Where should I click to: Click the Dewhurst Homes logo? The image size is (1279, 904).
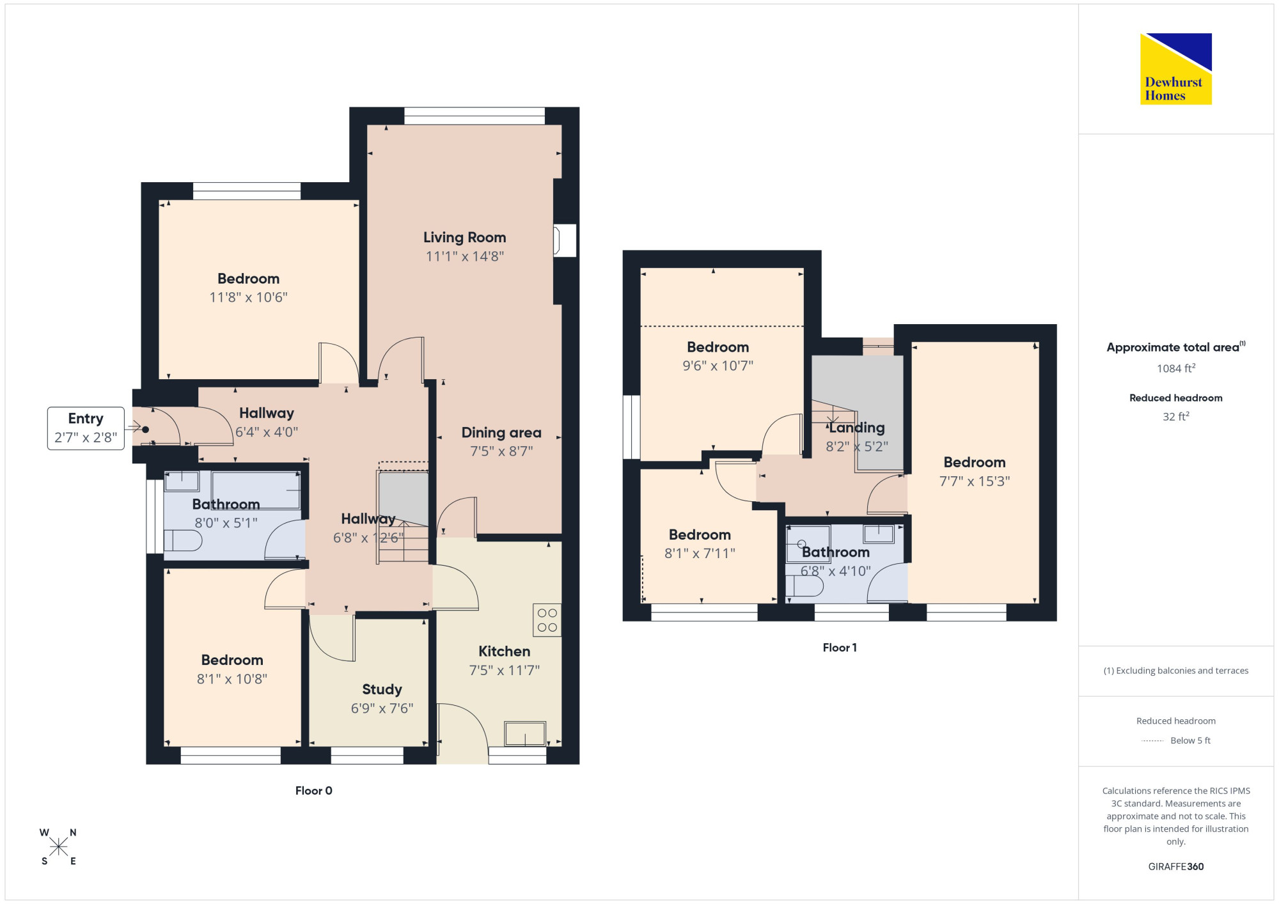[x=1175, y=68]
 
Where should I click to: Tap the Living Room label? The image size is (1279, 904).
[x=464, y=237]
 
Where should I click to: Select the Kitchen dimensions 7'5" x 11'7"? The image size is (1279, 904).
[x=504, y=670]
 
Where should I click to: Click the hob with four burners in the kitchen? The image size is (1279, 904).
[x=547, y=620]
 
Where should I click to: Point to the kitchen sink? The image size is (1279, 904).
[x=525, y=733]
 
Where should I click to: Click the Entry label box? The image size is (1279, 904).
[x=86, y=428]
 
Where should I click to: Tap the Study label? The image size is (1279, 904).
[x=382, y=689]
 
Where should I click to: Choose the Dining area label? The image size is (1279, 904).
[x=501, y=433]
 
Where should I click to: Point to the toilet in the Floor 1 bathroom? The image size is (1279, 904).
[x=804, y=586]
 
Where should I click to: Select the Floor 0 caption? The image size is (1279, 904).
[x=313, y=791]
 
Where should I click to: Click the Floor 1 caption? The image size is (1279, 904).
[x=839, y=648]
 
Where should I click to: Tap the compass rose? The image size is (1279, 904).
[x=58, y=847]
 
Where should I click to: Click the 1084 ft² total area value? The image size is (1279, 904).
[x=1175, y=368]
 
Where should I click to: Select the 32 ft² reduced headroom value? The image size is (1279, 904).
[x=1175, y=416]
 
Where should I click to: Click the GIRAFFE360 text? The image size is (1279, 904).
[x=1175, y=867]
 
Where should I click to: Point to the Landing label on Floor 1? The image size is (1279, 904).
[x=857, y=428]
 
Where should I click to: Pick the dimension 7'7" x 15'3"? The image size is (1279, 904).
[x=974, y=481]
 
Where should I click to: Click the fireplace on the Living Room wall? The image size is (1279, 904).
[x=565, y=240]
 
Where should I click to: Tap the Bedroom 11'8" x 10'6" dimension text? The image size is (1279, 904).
[x=248, y=297]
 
